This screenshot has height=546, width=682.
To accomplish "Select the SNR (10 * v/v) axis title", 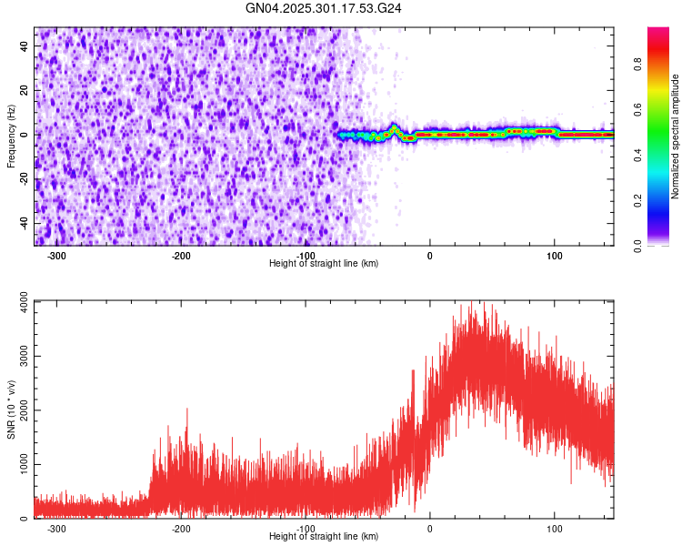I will tap(11, 409).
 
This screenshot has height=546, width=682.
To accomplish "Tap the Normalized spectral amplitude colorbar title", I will tap(676, 136).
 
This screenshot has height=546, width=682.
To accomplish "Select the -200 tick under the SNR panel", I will tap(181, 529).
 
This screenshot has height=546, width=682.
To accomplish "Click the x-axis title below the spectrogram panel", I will tap(324, 264).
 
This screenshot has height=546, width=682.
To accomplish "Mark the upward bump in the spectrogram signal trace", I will tap(395, 127).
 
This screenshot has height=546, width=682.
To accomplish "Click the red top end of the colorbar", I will tap(658, 32).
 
